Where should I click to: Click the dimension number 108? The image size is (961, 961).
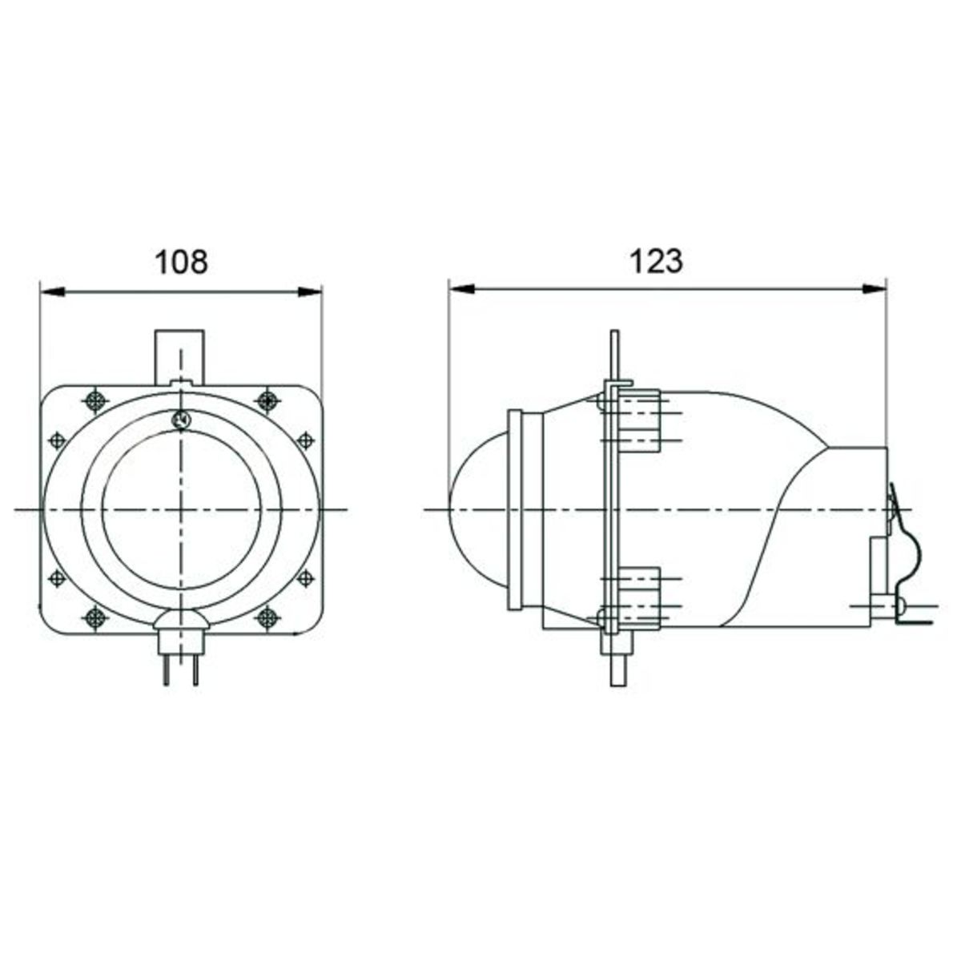tap(181, 263)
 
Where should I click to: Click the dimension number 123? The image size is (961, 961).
tap(656, 262)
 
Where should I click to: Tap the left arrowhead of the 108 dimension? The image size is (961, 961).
tap(52, 292)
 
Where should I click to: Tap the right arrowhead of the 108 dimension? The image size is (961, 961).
tap(310, 292)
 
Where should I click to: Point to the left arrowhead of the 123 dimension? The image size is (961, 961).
tap(461, 289)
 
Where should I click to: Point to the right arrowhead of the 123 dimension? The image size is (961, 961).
tap(875, 289)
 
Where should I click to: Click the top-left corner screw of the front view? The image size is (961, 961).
tap(95, 400)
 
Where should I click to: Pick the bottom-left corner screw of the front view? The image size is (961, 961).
tap(93, 618)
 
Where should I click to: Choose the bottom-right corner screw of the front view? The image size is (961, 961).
tap(267, 618)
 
